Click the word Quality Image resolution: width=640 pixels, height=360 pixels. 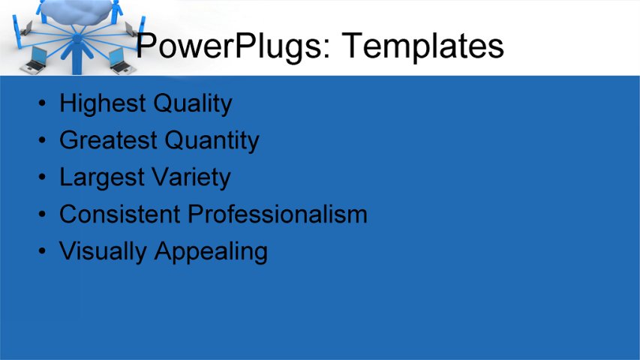pyautogui.click(x=193, y=103)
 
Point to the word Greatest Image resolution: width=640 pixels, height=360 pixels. pyautogui.click(x=108, y=140)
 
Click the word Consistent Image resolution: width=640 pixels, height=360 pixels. pyautogui.click(x=120, y=214)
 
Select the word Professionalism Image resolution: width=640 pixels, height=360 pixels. pyautogui.click(x=278, y=214)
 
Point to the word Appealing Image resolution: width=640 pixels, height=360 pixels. pyautogui.click(x=211, y=252)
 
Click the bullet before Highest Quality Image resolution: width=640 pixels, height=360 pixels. pyautogui.click(x=44, y=103)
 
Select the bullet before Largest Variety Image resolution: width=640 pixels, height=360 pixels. pyautogui.click(x=44, y=178)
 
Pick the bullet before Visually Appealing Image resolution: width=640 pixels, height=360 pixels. pyautogui.click(x=44, y=251)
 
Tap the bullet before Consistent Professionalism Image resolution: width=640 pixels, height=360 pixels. pyautogui.click(x=44, y=214)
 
